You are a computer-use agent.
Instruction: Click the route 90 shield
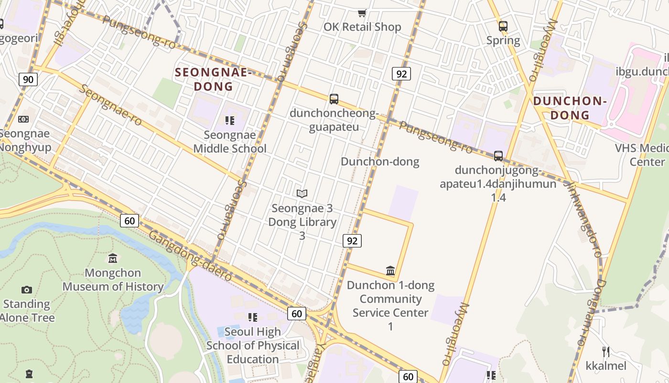pyautogui.click(x=28, y=79)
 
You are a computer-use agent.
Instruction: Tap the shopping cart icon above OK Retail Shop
pyautogui.click(x=362, y=13)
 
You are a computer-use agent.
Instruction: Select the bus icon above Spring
pyautogui.click(x=503, y=26)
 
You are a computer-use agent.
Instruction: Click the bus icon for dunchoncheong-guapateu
pyautogui.click(x=334, y=99)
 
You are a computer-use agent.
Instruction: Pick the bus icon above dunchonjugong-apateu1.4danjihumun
pyautogui.click(x=498, y=156)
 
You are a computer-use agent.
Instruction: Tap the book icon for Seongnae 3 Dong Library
pyautogui.click(x=302, y=193)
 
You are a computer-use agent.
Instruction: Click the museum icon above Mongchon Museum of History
pyautogui.click(x=113, y=259)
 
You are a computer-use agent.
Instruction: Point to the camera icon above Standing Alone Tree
pyautogui.click(x=27, y=290)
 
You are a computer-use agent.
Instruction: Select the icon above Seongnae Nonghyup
pyautogui.click(x=23, y=119)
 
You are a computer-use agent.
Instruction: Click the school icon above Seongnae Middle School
pyautogui.click(x=230, y=121)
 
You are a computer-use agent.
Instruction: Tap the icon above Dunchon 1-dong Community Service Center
pyautogui.click(x=390, y=271)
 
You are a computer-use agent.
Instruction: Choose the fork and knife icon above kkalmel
pyautogui.click(x=606, y=352)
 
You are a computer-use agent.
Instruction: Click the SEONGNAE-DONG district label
pyautogui.click(x=213, y=79)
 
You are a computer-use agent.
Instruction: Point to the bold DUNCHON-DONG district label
pyautogui.click(x=570, y=108)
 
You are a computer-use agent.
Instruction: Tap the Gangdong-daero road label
pyautogui.click(x=190, y=256)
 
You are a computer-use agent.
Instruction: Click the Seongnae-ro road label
pyautogui.click(x=110, y=105)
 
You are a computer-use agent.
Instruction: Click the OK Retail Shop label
pyautogui.click(x=362, y=27)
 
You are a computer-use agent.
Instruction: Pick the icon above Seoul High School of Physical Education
pyautogui.click(x=253, y=317)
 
